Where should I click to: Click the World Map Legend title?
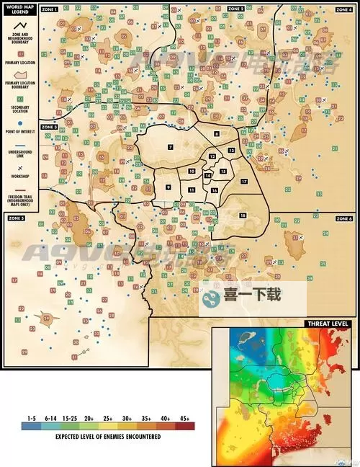point(19,11)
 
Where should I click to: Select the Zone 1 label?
point(50,9)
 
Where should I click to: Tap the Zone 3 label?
point(49,127)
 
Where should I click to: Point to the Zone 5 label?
point(16,217)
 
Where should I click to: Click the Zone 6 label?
point(343,218)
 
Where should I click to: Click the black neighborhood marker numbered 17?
point(244,181)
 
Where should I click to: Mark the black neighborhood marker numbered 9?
point(168,187)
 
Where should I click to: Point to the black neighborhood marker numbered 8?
point(217,134)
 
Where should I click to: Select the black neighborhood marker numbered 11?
point(192,189)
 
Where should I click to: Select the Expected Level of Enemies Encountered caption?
point(108,436)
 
